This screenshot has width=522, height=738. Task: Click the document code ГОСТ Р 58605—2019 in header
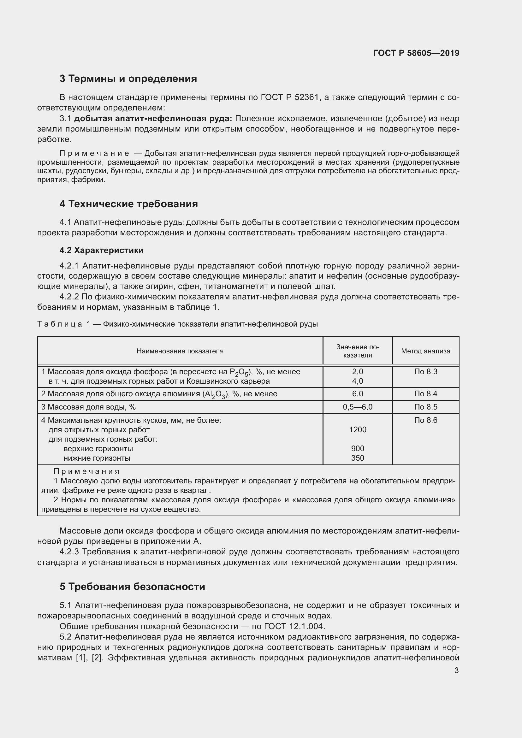[416, 53]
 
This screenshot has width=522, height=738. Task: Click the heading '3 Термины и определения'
[128, 79]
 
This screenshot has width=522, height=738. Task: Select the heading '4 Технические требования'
[128, 204]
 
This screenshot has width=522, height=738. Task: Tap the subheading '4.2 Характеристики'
[102, 250]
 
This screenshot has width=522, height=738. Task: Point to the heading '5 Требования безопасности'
[132, 587]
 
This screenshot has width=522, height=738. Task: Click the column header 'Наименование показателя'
[180, 351]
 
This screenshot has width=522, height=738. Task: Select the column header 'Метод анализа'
[425, 351]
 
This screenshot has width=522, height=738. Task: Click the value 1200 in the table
[358, 429]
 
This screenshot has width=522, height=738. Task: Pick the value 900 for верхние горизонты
[358, 448]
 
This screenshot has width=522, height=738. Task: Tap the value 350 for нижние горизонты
[358, 458]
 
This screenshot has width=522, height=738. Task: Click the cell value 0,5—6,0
[358, 407]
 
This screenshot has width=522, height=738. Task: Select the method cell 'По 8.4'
[425, 394]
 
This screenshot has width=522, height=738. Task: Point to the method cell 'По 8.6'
[425, 420]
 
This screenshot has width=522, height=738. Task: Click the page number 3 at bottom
[456, 670]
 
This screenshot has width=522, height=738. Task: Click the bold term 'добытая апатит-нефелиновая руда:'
[153, 119]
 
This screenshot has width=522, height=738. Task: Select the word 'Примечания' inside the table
[86, 471]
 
